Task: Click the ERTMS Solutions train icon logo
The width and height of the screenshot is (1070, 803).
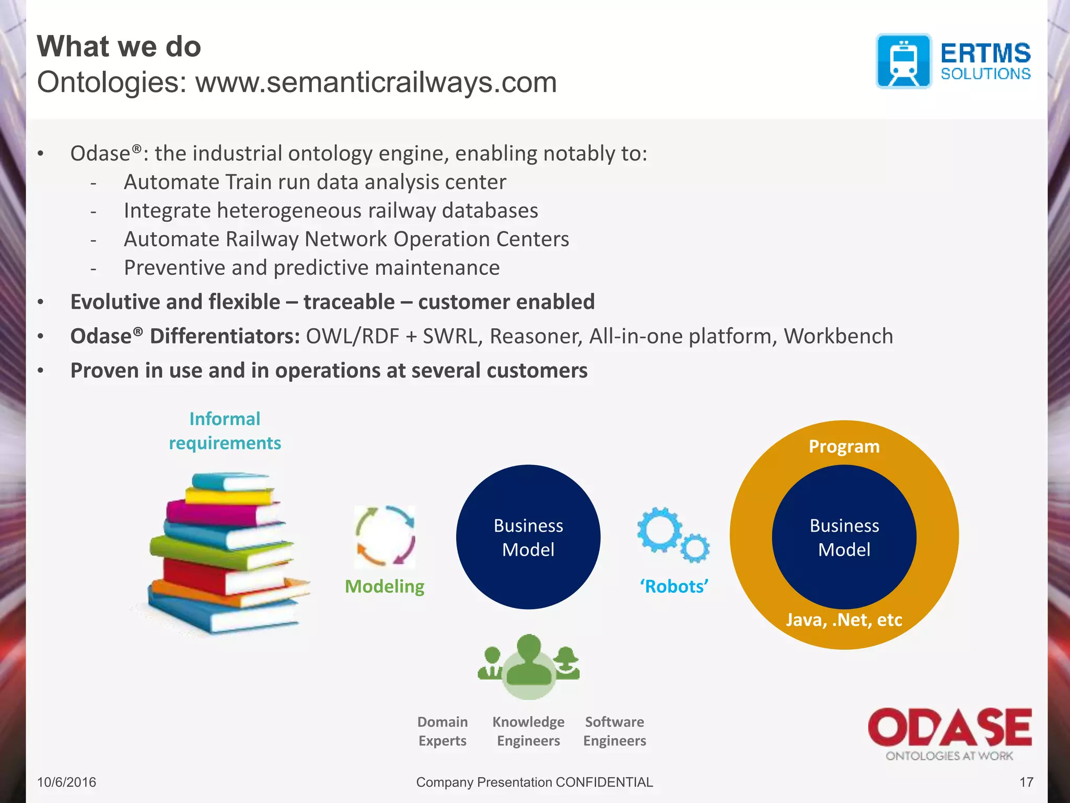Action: coord(903,61)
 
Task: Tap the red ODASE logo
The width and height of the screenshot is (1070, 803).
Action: coord(949,727)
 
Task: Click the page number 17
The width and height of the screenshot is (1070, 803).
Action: coord(1026,782)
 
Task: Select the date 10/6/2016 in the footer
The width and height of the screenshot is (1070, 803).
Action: coord(66,782)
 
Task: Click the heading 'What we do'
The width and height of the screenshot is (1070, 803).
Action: coord(119,47)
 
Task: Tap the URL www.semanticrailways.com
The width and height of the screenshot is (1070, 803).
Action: coord(376,83)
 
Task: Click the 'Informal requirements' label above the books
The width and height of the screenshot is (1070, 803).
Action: coord(225,431)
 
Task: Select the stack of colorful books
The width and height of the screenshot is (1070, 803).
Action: coord(225,554)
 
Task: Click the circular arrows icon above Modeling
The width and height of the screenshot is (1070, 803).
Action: coord(385,536)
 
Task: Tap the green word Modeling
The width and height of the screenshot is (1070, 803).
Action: coord(385,586)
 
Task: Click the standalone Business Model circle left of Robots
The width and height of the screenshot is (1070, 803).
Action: coord(528,537)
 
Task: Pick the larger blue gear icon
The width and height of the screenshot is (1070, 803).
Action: coord(659,530)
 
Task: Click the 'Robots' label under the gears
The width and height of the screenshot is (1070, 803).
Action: coord(674,586)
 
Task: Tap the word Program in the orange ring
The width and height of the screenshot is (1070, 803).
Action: coord(844,446)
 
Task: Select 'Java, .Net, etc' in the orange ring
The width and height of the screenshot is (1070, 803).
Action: coord(844,620)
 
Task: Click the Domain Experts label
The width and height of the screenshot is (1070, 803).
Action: coord(443,731)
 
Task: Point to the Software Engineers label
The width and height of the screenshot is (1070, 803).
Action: coord(614,731)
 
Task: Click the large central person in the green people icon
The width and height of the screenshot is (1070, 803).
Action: coord(529,661)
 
